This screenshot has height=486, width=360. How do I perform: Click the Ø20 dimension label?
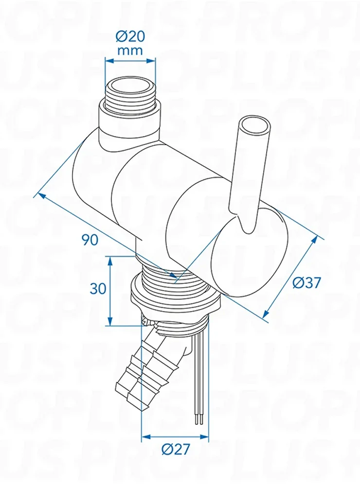tap(130, 37)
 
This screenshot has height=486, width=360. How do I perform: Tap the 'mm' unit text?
tap(130, 50)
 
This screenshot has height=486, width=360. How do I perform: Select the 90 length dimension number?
tap(90, 240)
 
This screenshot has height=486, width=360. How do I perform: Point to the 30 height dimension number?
tap(98, 289)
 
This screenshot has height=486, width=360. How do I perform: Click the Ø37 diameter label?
tap(306, 282)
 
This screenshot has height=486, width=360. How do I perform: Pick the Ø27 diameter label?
tap(175, 449)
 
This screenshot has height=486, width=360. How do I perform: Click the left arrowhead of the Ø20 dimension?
tap(109, 60)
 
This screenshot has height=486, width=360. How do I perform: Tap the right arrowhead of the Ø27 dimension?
tap(204, 437)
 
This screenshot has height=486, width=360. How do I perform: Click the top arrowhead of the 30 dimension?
tap(109, 261)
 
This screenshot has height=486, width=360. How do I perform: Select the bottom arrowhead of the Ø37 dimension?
tap(266, 313)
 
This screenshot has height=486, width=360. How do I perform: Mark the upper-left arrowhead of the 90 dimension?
tap(41, 196)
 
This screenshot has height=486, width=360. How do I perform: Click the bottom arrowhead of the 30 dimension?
tap(109, 321)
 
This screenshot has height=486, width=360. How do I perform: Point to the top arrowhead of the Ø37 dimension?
tap(314, 241)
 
